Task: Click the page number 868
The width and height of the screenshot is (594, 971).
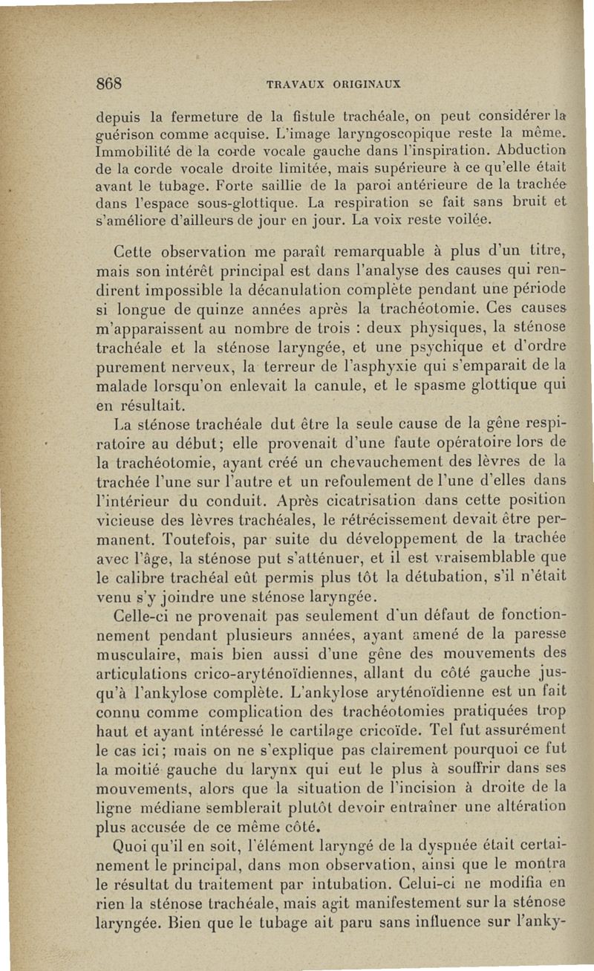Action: click(x=110, y=83)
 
